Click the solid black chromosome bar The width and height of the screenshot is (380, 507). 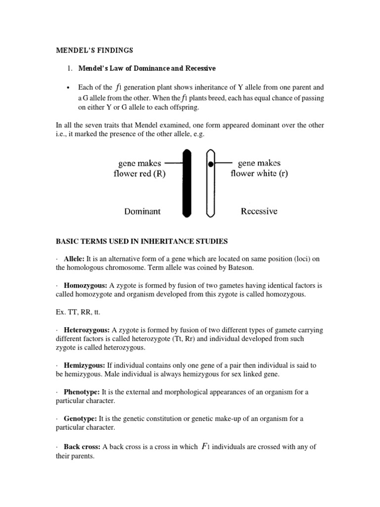[187, 183]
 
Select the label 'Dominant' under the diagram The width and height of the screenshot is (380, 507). [142, 211]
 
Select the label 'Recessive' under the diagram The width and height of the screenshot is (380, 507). [259, 211]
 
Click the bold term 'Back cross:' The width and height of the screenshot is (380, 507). [83, 447]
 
